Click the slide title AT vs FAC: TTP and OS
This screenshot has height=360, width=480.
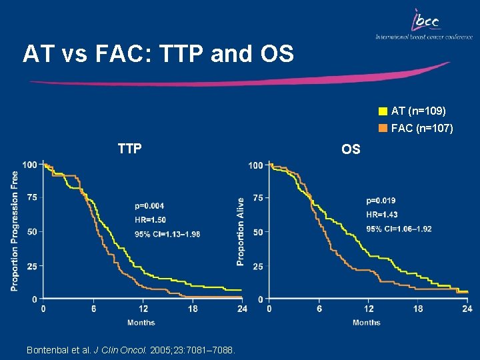[x=158, y=54]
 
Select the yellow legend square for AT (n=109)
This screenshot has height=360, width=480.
[x=383, y=111]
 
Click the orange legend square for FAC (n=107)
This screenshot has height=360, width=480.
[x=383, y=128]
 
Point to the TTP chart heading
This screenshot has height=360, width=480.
[x=129, y=149]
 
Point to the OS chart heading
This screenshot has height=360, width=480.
[x=351, y=149]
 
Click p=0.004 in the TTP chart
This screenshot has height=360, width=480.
[x=149, y=206]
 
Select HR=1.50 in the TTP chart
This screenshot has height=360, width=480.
[x=150, y=220]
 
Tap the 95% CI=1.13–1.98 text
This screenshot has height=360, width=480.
[x=167, y=234]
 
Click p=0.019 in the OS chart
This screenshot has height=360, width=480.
[x=381, y=201]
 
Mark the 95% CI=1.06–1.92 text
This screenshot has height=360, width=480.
[x=399, y=229]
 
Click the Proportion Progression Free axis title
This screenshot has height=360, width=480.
[x=15, y=231]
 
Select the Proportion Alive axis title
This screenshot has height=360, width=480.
[x=240, y=231]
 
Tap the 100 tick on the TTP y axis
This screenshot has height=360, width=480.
[x=29, y=164]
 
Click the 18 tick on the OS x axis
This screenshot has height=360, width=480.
[x=418, y=309]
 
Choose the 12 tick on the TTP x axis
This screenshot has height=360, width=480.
[x=142, y=309]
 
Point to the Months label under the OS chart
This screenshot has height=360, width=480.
[x=366, y=323]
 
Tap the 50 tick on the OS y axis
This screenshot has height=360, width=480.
[x=257, y=232]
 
